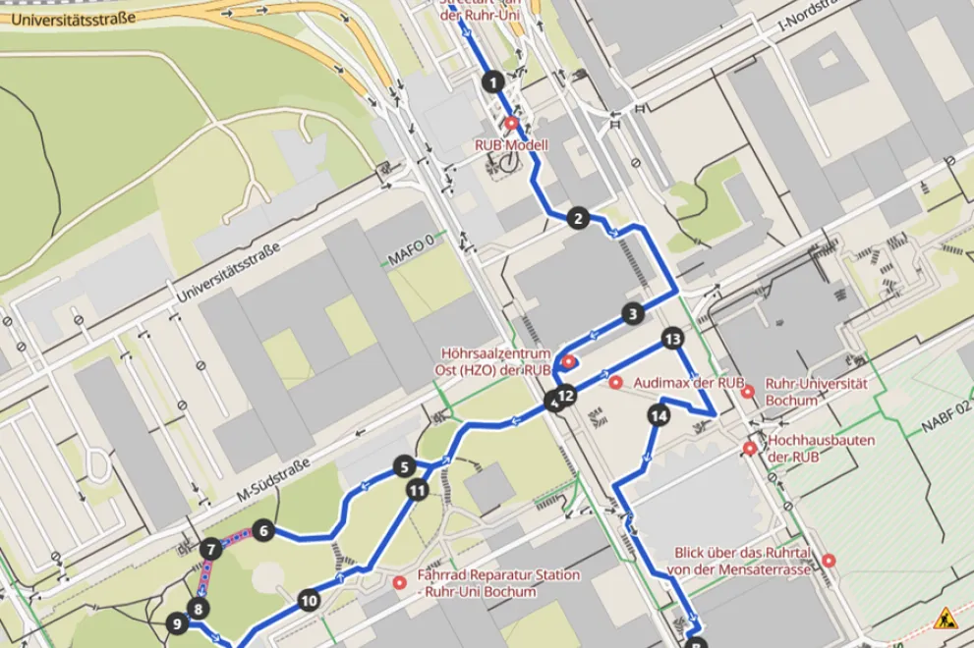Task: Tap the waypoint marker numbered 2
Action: (x=578, y=218)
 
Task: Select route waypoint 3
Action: (x=633, y=314)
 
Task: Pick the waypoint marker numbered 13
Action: (x=672, y=340)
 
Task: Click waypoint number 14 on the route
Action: (x=659, y=416)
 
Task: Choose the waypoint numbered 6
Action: (x=261, y=531)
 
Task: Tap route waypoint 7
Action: (x=210, y=550)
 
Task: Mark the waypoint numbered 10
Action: (x=309, y=600)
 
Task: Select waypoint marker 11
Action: (x=418, y=489)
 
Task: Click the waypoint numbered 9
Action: (x=176, y=622)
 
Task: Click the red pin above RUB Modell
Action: (x=511, y=124)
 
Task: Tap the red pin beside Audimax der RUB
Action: (x=616, y=382)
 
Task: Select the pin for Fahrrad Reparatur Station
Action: (x=400, y=583)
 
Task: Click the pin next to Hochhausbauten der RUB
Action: (x=750, y=449)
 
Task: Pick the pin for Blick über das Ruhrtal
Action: (x=829, y=561)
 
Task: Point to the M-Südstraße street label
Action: (x=274, y=482)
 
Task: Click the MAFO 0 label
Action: (x=410, y=259)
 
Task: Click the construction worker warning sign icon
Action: (x=945, y=619)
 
